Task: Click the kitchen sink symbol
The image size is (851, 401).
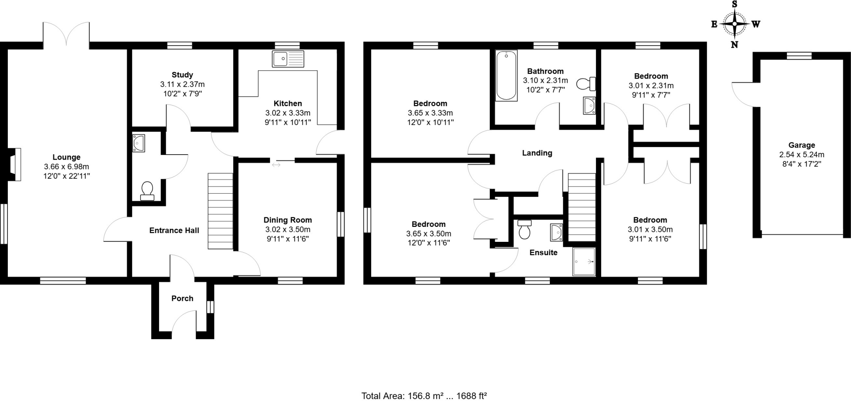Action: (288, 59)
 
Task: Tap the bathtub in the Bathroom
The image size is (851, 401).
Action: (506, 76)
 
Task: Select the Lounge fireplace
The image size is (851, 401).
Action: (14, 165)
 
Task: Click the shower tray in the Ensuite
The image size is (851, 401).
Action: (584, 262)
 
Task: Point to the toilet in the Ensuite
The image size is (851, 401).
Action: (524, 229)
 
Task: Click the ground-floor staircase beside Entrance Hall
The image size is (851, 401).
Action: (220, 211)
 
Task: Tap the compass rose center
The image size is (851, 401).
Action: (735, 24)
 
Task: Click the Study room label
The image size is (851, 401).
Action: (182, 75)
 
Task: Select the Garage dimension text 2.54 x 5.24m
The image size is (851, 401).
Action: (802, 155)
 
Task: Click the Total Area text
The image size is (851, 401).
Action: (423, 396)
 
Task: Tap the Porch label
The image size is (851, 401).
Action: (182, 298)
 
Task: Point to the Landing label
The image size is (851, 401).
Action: (537, 153)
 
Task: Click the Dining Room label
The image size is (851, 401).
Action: (288, 220)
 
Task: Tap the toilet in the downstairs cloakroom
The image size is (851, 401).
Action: (147, 192)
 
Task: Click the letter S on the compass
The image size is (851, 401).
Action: (734, 4)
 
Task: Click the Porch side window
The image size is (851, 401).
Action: (210, 307)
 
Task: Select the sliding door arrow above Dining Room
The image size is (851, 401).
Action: (276, 165)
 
